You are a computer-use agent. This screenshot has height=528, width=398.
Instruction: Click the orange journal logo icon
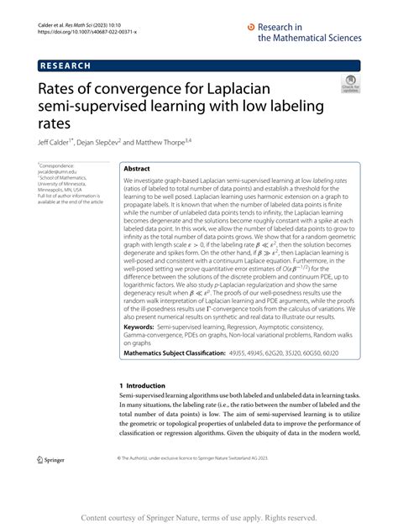[251, 27]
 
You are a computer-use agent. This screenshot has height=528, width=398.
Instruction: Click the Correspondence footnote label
[57, 167]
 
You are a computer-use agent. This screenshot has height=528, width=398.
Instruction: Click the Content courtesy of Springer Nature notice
[198, 518]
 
